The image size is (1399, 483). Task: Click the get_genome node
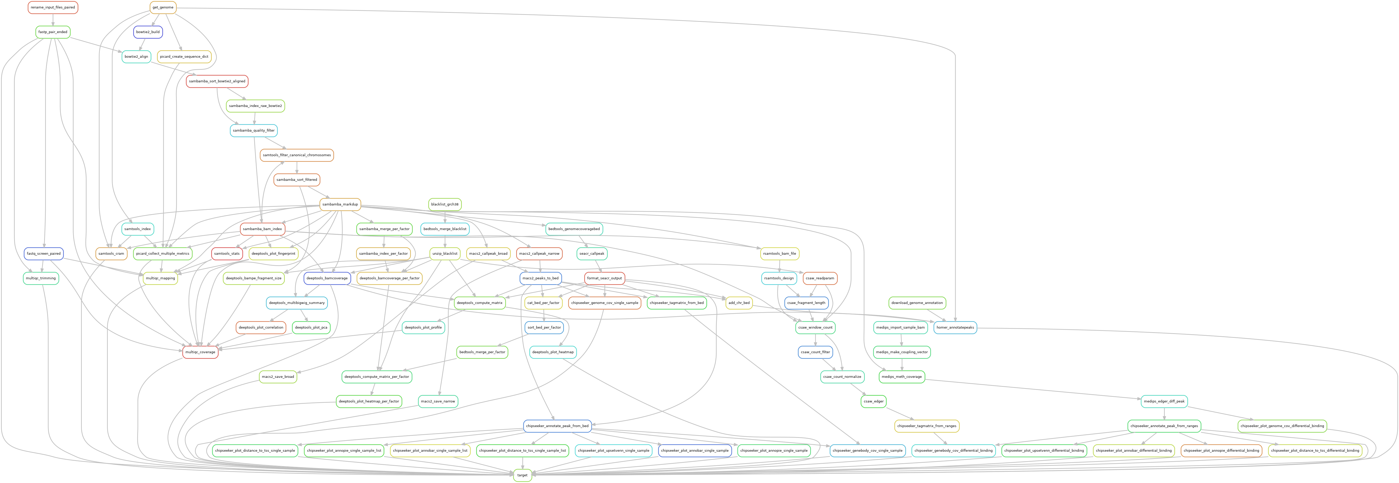[163, 8]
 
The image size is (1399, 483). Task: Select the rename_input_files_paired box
[53, 8]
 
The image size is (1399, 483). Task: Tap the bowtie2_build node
[148, 32]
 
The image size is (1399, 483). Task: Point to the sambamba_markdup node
[340, 205]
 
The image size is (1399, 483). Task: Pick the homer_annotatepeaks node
[955, 328]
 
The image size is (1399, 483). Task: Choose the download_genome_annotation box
[917, 303]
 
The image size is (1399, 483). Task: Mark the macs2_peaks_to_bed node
[540, 278]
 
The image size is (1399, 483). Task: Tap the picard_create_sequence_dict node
[184, 56]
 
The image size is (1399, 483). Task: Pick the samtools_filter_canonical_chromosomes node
[297, 155]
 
